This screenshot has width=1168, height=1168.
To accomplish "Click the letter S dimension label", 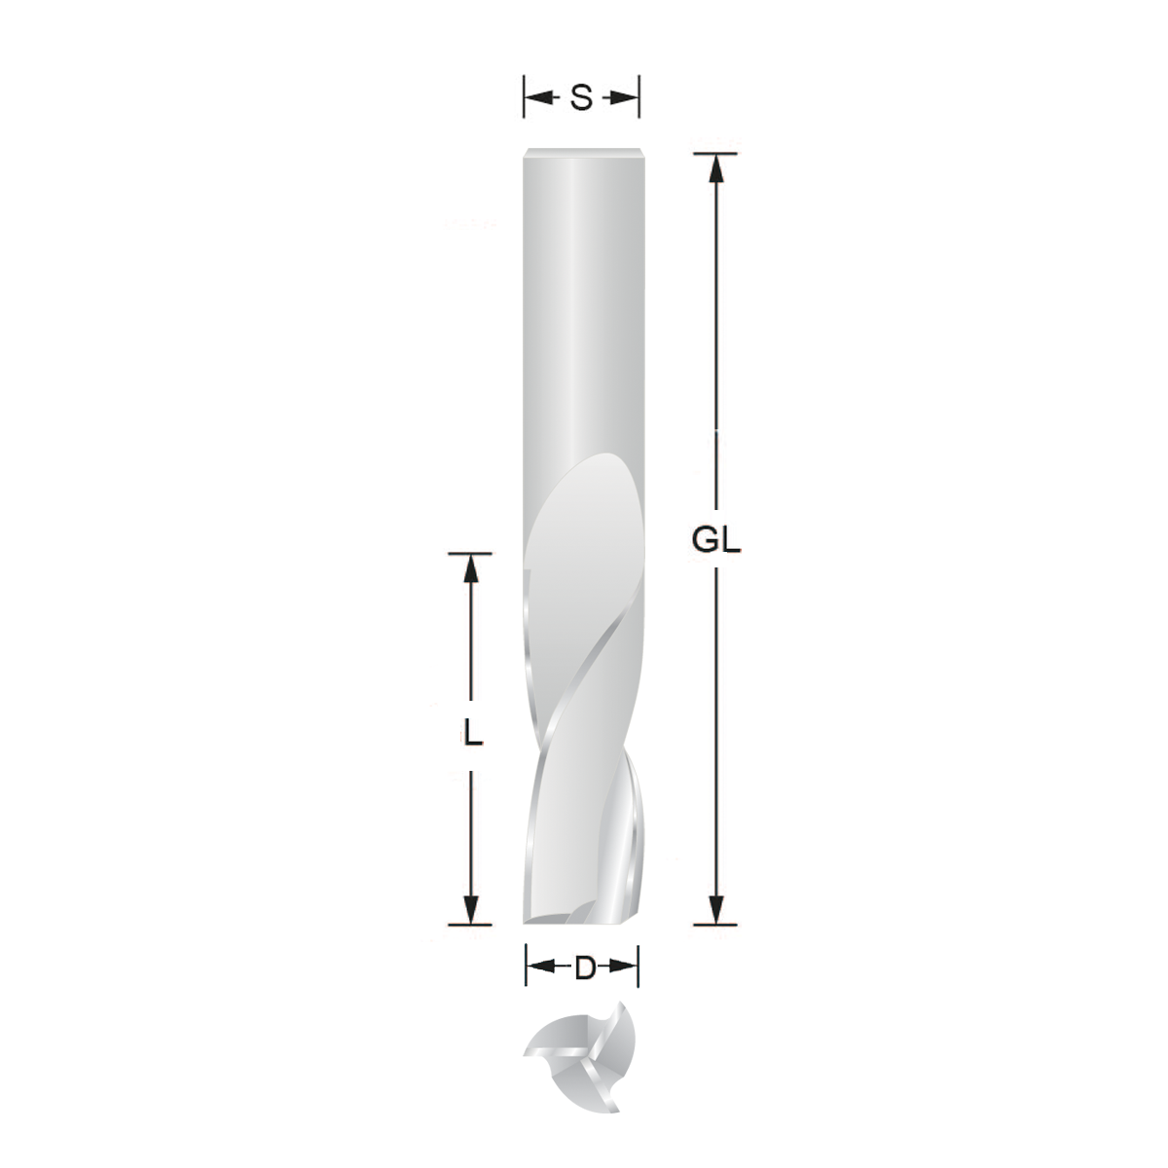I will tap(581, 97).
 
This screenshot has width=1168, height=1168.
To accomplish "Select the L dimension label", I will tap(472, 732).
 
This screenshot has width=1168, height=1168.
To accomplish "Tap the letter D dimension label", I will tap(583, 968).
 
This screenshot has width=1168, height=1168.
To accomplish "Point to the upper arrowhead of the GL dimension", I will tap(716, 167).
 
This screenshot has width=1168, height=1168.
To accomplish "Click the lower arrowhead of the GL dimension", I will tap(716, 909).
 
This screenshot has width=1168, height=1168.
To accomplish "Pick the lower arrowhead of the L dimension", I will tap(472, 909).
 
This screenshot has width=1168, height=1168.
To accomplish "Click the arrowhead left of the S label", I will tap(536, 97).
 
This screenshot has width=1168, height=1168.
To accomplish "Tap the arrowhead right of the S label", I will tap(627, 97).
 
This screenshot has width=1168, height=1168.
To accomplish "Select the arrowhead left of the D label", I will tap(538, 968).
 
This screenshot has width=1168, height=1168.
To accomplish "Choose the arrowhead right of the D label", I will tap(626, 968).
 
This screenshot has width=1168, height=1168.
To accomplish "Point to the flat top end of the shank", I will tap(581, 152).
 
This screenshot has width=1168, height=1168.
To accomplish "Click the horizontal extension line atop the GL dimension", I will tap(716, 153).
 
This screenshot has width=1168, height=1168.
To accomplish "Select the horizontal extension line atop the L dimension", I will tap(472, 553).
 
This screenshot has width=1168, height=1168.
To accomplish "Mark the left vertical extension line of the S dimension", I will tap(525, 97).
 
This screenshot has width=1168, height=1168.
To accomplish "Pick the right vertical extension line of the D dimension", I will tap(639, 968).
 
